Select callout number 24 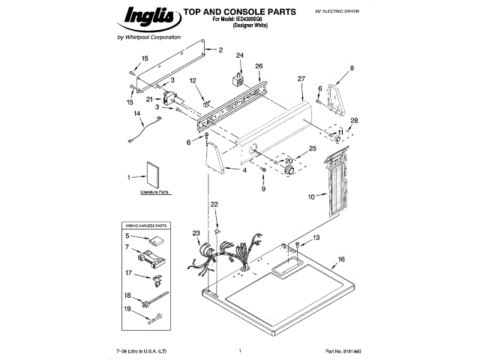pos(240,55)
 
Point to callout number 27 pos(301,79)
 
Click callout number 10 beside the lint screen pos(310,197)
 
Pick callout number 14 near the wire pos(137,113)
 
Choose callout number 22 pos(214,204)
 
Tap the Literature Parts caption pos(155,193)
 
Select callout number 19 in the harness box pos(127,309)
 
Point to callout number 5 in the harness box pos(127,236)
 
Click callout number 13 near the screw pos(316,237)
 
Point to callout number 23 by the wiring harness pos(196,233)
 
